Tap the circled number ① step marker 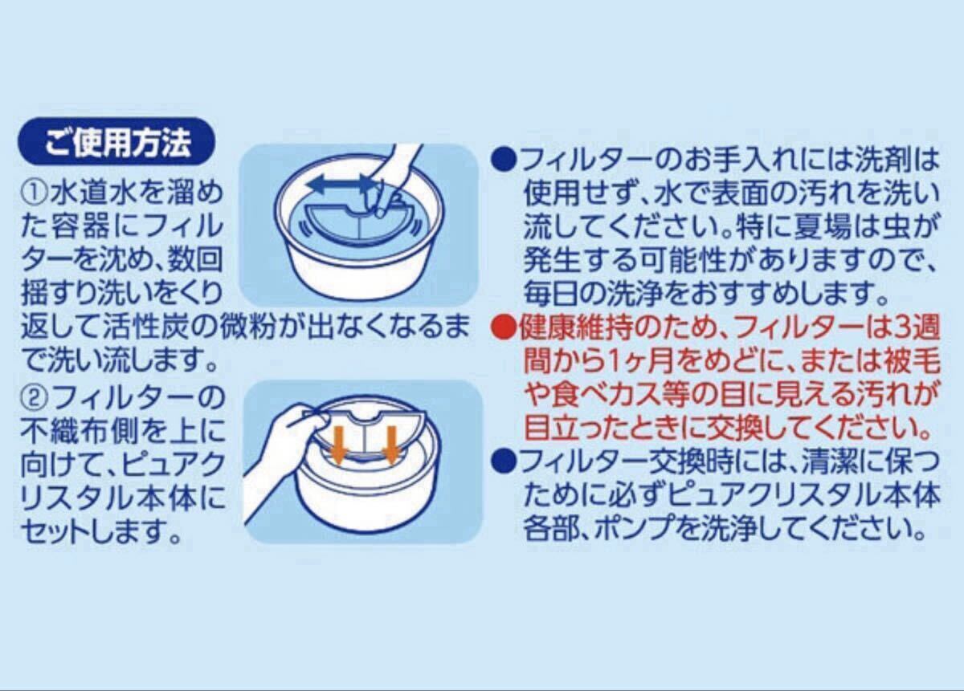tap(35, 193)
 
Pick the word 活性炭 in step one tap(146, 328)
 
